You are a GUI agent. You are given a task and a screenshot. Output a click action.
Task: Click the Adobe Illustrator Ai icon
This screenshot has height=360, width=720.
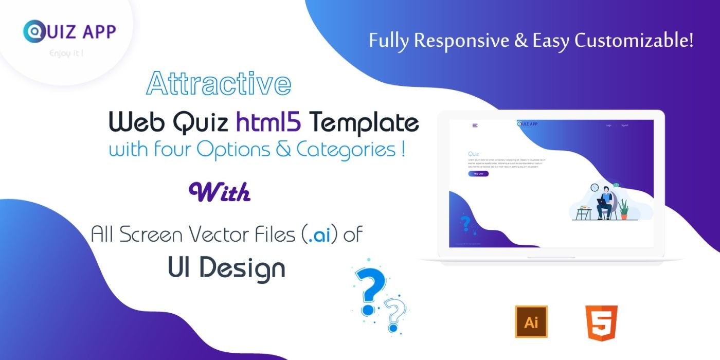coord(531,321)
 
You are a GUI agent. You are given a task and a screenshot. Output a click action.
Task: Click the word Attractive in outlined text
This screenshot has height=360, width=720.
coord(219,84)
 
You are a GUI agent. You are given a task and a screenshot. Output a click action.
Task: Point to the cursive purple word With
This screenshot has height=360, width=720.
coord(220,192)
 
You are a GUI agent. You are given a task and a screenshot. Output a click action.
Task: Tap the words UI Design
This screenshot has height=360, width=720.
coord(226,267)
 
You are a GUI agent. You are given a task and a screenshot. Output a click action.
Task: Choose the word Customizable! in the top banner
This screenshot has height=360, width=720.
coord(634,41)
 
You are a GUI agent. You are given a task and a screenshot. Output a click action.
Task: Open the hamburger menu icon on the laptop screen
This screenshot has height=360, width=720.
coord(475,125)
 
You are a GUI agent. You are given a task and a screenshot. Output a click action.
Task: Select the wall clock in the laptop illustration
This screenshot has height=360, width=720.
coord(595,188)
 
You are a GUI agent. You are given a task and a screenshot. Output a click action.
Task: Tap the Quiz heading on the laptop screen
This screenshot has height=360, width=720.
coord(473,154)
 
